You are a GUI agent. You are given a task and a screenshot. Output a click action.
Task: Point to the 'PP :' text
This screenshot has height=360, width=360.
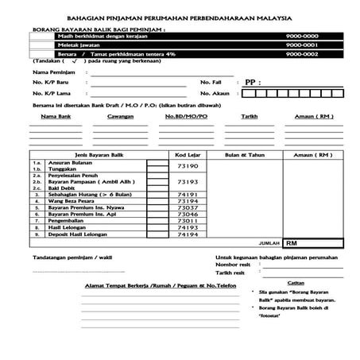pyautogui.click(x=252, y=82)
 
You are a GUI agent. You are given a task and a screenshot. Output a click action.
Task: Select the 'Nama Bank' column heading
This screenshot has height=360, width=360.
pyautogui.click(x=54, y=116)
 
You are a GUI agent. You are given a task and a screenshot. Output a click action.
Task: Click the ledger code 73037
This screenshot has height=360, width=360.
pyautogui.click(x=188, y=207)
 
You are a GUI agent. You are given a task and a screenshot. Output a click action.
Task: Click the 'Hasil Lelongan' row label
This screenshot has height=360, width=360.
pyautogui.click(x=70, y=228)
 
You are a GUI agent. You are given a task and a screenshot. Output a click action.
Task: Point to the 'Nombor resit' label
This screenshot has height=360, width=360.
pyautogui.click(x=234, y=265)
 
